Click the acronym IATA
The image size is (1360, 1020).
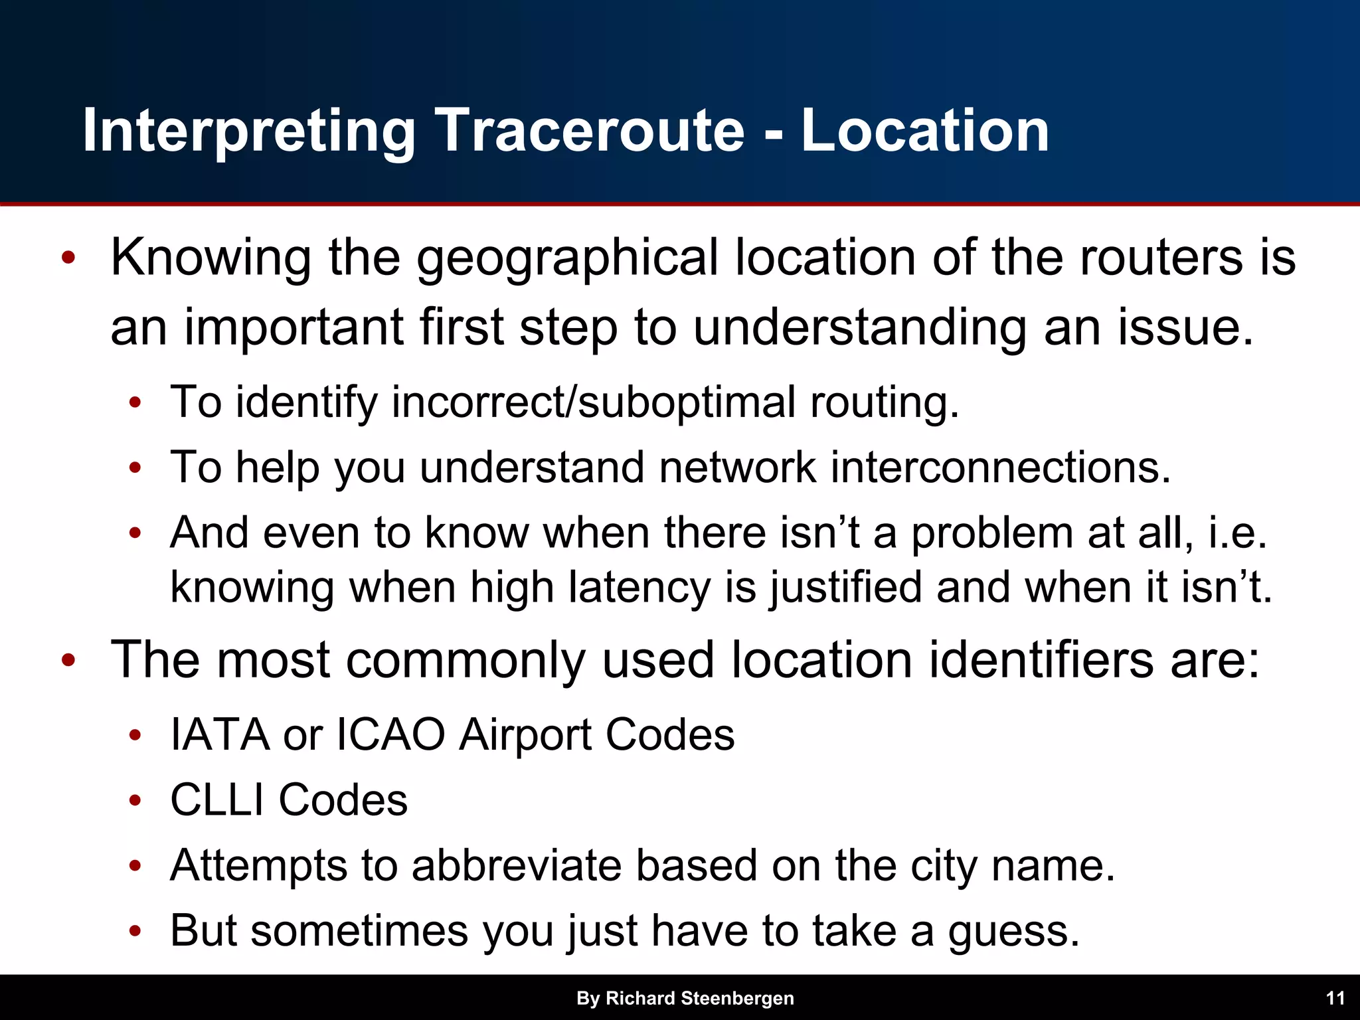click(x=220, y=734)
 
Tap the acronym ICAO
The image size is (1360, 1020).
click(x=390, y=734)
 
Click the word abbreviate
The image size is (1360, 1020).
click(x=517, y=865)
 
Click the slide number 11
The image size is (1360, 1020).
click(x=1335, y=998)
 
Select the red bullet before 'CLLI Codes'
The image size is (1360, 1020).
click(x=135, y=800)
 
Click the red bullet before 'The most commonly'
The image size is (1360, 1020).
click(x=68, y=661)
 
